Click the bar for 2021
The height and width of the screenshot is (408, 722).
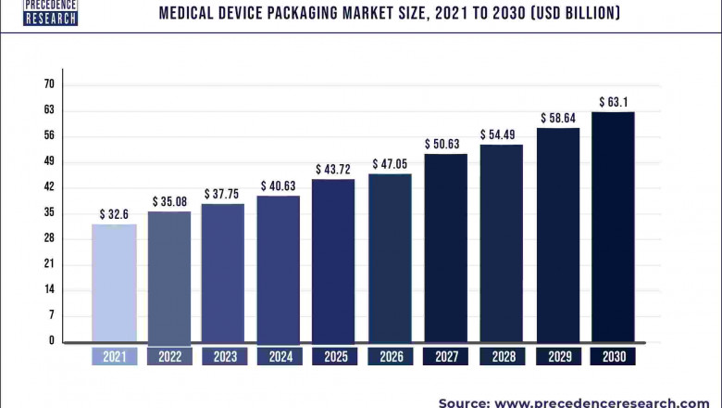[115, 283]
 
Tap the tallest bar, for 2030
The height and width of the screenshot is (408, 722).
[613, 227]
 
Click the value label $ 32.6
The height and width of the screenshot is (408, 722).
[115, 214]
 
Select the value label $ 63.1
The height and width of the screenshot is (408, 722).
[614, 102]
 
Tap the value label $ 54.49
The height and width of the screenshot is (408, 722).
[501, 134]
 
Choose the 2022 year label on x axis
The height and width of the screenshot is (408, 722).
[170, 357]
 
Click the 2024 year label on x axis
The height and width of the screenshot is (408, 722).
[279, 357]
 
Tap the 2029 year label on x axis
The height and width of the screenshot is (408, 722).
[557, 357]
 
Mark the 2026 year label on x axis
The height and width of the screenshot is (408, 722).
[390, 357]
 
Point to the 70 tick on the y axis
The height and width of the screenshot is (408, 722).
[49, 84]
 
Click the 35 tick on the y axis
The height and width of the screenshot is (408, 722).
[49, 212]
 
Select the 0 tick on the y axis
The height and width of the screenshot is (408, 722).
[52, 340]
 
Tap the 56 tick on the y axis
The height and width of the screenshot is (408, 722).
[49, 135]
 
